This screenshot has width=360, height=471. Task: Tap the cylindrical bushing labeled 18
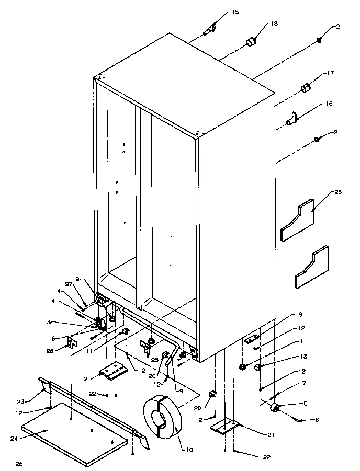pyautogui.click(x=252, y=41)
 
